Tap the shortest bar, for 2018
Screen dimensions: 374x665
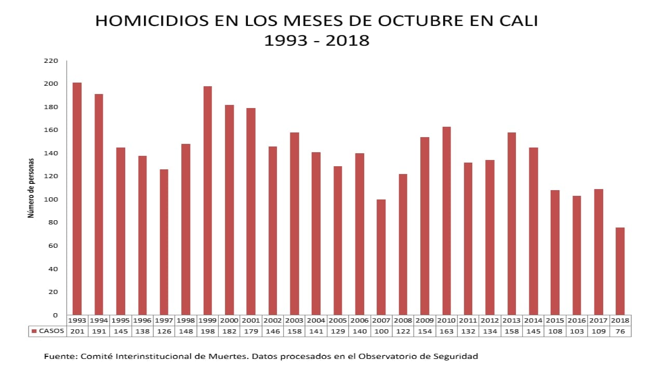(x=620, y=271)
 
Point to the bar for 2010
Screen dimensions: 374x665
(x=447, y=220)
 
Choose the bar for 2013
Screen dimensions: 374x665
(x=512, y=223)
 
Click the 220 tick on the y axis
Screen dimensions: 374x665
(x=51, y=61)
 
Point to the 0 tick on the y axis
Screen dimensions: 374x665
(x=55, y=315)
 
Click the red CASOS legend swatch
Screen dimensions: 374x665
(x=34, y=331)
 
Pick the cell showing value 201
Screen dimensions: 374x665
(x=77, y=331)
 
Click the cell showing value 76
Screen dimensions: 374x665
(x=620, y=331)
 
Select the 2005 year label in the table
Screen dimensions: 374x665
(x=338, y=320)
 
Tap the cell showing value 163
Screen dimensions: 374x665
(x=447, y=331)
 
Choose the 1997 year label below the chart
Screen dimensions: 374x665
(x=164, y=320)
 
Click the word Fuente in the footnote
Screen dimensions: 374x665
(x=59, y=356)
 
